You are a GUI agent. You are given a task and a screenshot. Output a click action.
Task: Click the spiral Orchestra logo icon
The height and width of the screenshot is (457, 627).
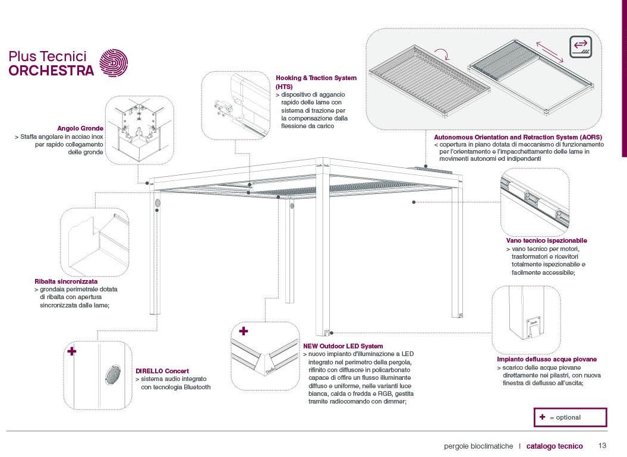[112, 63]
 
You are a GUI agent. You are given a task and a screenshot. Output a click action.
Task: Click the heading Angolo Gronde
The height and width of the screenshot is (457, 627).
[80, 128]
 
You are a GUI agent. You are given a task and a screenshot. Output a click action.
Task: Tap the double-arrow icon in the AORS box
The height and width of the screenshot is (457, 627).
[580, 47]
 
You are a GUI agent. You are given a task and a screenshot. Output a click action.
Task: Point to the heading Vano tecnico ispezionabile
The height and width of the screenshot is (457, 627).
[546, 240]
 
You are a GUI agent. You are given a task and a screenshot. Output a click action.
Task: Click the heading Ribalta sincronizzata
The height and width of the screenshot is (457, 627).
[66, 281]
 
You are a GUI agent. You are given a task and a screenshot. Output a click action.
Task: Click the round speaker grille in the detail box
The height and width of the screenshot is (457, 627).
[112, 375]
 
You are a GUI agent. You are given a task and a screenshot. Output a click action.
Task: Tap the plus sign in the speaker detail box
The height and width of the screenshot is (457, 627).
[72, 351]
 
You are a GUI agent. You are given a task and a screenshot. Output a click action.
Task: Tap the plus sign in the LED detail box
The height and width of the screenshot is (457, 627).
[243, 331]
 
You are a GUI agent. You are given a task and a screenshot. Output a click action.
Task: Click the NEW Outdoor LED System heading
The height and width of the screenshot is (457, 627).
[343, 346]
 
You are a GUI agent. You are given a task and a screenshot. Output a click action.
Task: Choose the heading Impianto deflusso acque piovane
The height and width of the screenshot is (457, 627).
[547, 359]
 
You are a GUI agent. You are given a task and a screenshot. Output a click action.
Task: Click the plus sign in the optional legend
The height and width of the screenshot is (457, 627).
[542, 417]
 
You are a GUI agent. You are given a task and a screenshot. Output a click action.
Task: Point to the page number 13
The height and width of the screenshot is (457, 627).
[602, 446]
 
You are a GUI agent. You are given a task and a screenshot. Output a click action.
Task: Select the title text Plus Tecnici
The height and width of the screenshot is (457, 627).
[48, 56]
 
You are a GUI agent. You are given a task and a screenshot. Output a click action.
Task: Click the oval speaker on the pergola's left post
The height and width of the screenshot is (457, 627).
[159, 203]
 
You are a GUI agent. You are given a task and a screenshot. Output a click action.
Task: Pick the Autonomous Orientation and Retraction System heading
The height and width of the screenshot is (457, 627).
[518, 137]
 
